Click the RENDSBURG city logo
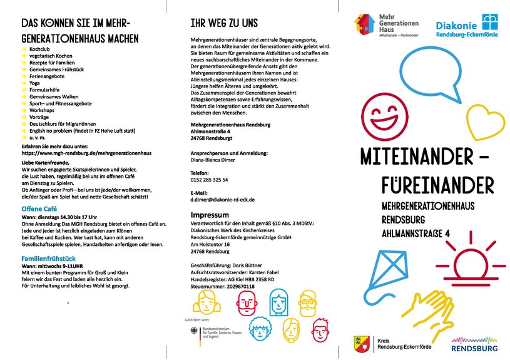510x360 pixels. [474, 344]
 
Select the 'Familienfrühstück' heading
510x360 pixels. [48, 258]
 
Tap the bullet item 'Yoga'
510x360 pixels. [34, 83]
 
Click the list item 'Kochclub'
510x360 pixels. [40, 48]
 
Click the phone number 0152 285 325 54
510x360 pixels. [209, 180]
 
